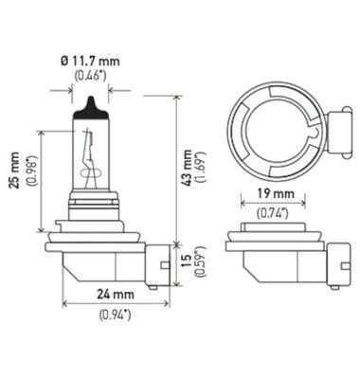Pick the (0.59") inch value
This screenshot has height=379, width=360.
tap(203, 262)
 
